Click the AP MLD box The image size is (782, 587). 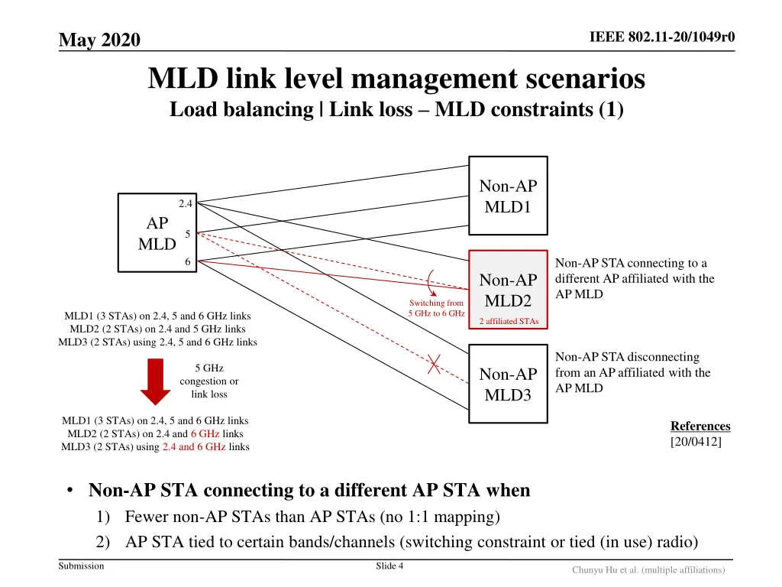tap(157, 233)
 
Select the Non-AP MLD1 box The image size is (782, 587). tap(508, 197)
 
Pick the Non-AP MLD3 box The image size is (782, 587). tap(508, 384)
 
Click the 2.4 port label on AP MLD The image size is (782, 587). tap(186, 203)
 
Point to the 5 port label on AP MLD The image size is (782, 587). tap(187, 234)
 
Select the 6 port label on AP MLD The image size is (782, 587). tap(187, 262)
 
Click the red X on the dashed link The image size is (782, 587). tap(434, 365)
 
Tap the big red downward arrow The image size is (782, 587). tap(155, 381)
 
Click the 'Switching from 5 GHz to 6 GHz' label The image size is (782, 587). tap(436, 308)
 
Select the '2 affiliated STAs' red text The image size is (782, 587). tap(508, 321)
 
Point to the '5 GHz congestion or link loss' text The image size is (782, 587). tap(208, 381)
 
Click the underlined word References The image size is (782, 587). tap(700, 426)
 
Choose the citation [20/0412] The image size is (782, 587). tap(696, 441)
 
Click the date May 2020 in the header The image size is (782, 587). tap(99, 40)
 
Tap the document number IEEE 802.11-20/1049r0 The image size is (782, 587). tap(662, 38)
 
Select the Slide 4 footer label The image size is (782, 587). tap(389, 566)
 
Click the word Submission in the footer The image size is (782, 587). tap(81, 566)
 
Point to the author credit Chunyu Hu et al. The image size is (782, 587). tap(648, 569)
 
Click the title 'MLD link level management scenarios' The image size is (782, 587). tap(396, 79)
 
